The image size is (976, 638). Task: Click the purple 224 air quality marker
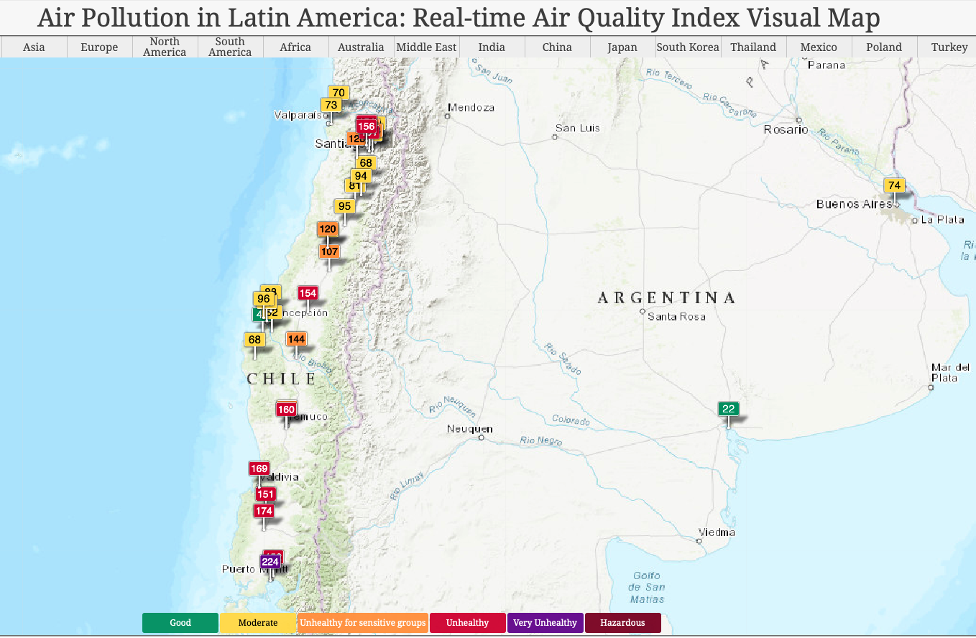click(x=270, y=562)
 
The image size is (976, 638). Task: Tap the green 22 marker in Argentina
click(x=728, y=409)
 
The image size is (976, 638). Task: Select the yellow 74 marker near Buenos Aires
click(x=894, y=185)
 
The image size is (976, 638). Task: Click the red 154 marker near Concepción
click(x=308, y=293)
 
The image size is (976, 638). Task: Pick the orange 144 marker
click(x=296, y=339)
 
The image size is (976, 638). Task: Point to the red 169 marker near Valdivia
click(x=259, y=468)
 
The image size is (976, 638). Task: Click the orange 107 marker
click(x=329, y=252)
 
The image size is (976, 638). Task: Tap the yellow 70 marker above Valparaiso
click(x=339, y=93)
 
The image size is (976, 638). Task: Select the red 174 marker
click(x=264, y=511)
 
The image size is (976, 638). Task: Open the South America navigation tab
click(x=230, y=47)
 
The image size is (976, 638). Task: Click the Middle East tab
click(x=426, y=47)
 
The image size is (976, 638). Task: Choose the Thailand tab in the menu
click(x=753, y=47)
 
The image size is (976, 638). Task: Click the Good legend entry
click(x=180, y=623)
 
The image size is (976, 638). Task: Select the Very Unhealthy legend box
click(x=545, y=623)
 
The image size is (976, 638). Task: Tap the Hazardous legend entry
click(x=622, y=623)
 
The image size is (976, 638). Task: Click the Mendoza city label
click(x=471, y=108)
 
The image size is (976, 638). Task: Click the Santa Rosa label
click(x=676, y=316)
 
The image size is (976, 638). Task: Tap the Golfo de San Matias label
click(x=647, y=587)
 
